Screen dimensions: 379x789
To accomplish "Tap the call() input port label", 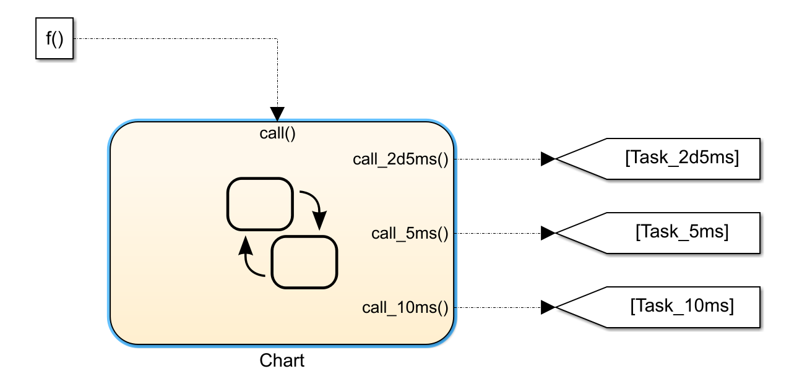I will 277,133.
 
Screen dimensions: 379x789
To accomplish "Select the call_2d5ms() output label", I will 400,159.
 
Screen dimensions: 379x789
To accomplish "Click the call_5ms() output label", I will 409,233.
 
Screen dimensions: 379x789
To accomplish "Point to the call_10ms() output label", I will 405,307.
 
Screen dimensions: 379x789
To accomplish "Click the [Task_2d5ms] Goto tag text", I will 682,158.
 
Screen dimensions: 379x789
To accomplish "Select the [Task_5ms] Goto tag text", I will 682,232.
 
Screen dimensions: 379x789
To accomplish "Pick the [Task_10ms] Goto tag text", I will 682,306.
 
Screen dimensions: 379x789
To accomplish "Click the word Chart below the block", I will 282,360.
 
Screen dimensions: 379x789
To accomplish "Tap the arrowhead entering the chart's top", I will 277,114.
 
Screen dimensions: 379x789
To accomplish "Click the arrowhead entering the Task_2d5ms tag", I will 548,159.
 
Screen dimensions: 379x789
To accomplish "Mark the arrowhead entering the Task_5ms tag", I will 548,233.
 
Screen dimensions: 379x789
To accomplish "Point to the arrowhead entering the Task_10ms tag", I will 548,307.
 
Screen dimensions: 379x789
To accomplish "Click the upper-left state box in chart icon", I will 259,204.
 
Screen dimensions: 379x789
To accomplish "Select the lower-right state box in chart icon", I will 304,262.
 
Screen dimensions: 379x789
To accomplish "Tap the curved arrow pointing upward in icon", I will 250,260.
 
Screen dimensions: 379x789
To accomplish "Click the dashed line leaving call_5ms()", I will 495,233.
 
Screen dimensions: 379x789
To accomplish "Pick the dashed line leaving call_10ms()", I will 495,307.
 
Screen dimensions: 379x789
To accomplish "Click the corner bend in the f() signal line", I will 277,40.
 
